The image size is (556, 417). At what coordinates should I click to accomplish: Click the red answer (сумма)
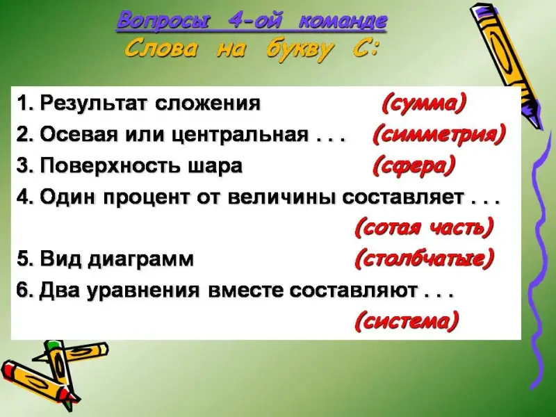coord(424,104)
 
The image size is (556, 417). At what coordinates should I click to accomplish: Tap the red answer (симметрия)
coord(439,135)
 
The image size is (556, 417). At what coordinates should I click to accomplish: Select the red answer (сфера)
coord(414,166)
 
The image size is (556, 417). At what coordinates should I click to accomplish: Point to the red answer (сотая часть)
coord(424,227)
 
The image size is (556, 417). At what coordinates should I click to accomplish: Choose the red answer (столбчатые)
coord(424,259)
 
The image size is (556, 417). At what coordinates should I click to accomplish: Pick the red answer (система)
coord(407,321)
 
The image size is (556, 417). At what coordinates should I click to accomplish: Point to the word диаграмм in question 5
coord(141,259)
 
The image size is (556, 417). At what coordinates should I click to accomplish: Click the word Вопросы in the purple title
coord(163,22)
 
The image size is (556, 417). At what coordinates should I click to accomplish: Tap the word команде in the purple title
coord(343,21)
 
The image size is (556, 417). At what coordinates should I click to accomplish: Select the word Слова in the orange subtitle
coord(161,49)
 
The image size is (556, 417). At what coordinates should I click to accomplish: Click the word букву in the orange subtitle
coord(300,50)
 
